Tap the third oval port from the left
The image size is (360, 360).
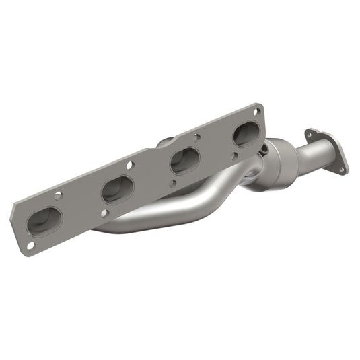(183, 161)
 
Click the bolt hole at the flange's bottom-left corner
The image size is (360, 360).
(29, 246)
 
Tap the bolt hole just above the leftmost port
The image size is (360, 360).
(59, 195)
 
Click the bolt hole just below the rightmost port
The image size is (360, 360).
(236, 156)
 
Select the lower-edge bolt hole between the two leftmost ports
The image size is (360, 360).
(104, 214)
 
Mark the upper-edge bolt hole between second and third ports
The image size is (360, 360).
(130, 165)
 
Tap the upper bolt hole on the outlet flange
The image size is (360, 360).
(310, 133)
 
